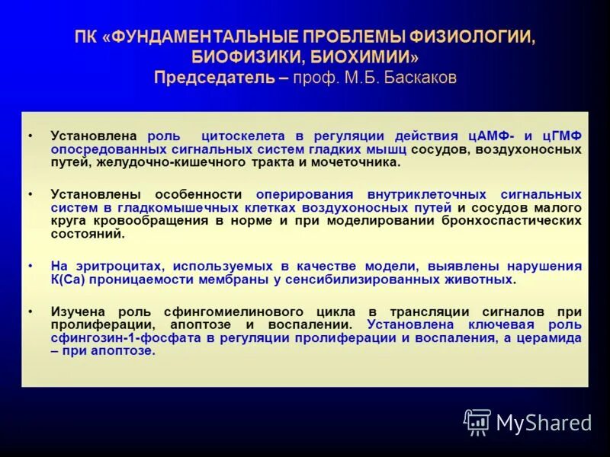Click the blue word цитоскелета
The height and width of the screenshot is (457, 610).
pos(245,136)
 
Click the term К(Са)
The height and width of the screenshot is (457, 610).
pos(69,280)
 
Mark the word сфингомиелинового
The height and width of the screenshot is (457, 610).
pos(242,312)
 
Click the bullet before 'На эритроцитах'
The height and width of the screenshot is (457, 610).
pos(30,267)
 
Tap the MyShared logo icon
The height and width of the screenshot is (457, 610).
pos(478,421)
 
